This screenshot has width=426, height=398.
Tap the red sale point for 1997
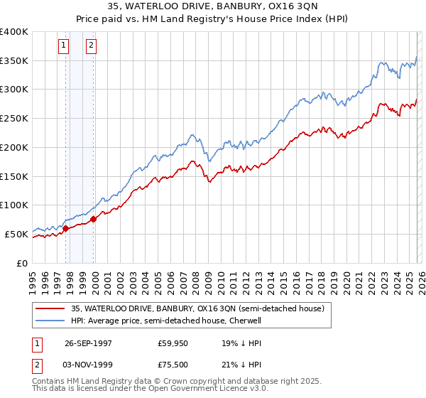point(66,228)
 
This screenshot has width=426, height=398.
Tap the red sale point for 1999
point(93,219)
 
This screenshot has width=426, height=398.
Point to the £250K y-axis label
point(14,119)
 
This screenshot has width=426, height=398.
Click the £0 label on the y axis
point(21,263)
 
